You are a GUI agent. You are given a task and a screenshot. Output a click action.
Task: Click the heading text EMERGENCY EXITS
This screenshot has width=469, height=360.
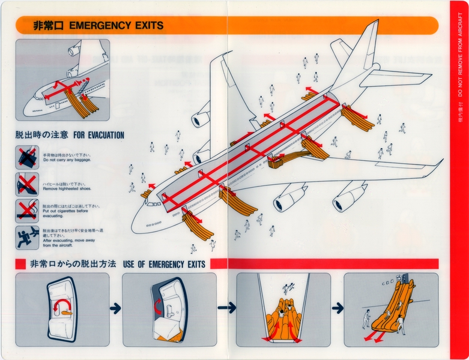[x=116, y=25]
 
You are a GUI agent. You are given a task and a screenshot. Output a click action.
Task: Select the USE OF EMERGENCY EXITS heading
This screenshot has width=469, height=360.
[x=164, y=264]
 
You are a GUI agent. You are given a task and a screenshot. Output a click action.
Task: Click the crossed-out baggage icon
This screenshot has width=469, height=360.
[x=27, y=158]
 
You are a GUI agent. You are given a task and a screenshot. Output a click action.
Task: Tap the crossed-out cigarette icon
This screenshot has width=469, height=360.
[x=27, y=210]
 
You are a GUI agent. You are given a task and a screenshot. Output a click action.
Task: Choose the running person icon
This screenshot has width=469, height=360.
[x=27, y=236]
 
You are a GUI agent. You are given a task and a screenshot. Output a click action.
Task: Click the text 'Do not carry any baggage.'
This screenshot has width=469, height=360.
[x=69, y=161]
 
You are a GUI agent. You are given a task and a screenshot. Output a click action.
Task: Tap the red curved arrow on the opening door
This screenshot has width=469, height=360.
[x=159, y=306]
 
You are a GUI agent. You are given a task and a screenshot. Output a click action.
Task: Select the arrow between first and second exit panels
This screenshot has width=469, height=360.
[x=115, y=308]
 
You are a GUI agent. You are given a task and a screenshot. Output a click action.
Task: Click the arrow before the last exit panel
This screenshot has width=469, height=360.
[x=337, y=308]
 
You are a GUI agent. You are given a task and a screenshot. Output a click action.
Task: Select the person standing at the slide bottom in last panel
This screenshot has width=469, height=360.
[x=366, y=318]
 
